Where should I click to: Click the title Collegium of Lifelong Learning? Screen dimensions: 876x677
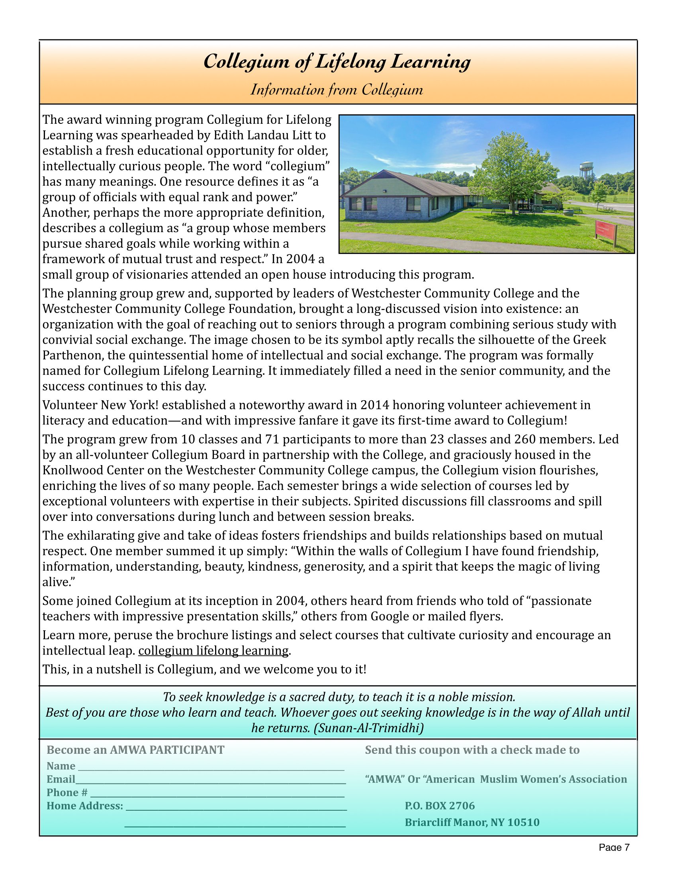point(337,62)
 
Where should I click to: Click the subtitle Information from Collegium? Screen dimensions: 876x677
point(337,90)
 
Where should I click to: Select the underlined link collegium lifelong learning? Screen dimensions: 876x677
point(213,651)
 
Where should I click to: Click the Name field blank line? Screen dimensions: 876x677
point(211,766)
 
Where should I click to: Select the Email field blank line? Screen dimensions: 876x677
point(211,780)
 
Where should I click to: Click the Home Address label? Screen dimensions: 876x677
point(84,806)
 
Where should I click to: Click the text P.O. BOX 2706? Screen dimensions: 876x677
point(440,806)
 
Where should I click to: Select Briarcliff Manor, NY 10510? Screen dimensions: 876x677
point(472,822)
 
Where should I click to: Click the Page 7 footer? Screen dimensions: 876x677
point(614,847)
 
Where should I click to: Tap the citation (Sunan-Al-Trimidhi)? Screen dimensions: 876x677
point(368,728)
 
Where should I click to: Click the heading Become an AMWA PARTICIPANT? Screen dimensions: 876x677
point(135,750)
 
